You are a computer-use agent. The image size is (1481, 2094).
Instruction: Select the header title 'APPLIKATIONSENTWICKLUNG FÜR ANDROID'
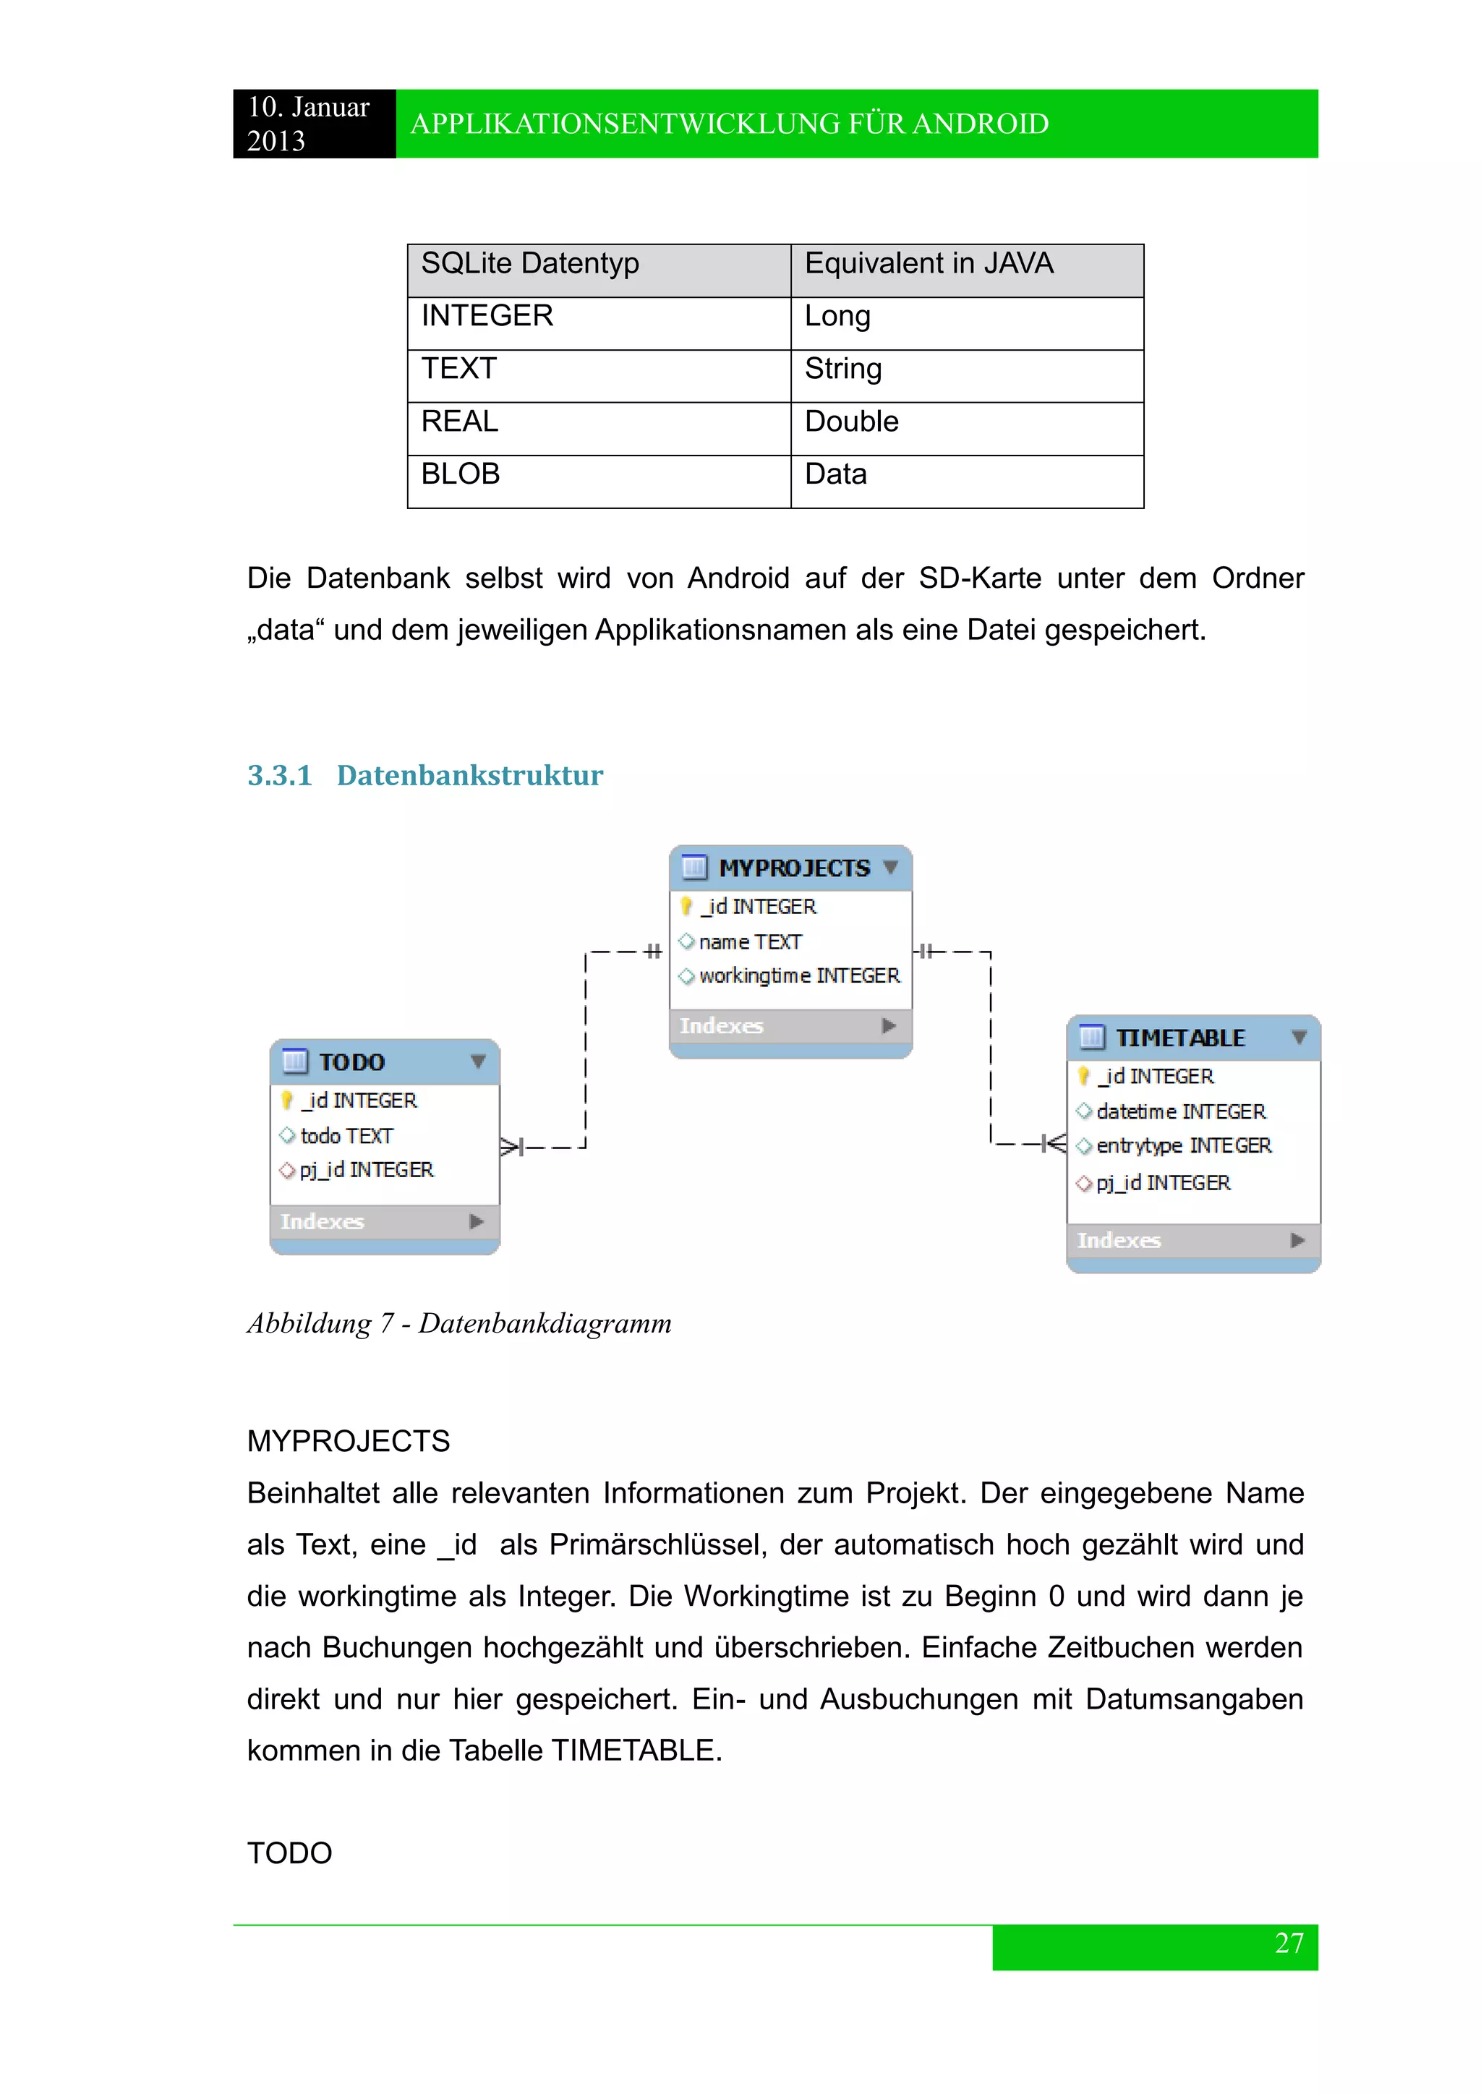[x=730, y=124]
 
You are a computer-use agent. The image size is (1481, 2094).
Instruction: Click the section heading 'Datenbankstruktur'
[x=469, y=775]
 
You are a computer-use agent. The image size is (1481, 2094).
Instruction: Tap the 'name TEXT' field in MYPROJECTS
[x=750, y=942]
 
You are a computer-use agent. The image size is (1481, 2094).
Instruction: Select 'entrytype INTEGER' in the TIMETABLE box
[x=1183, y=1146]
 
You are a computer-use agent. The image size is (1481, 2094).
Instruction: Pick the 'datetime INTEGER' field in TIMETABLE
[x=1180, y=1113]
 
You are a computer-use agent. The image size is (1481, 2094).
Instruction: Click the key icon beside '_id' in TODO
[x=287, y=1101]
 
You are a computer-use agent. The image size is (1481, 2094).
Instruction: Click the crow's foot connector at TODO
[x=511, y=1148]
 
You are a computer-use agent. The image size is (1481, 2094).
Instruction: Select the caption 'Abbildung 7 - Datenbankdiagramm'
[x=458, y=1323]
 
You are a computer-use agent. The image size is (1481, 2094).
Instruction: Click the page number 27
[x=1289, y=1944]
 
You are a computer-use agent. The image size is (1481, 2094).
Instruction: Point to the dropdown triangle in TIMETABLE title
[x=1299, y=1038]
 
